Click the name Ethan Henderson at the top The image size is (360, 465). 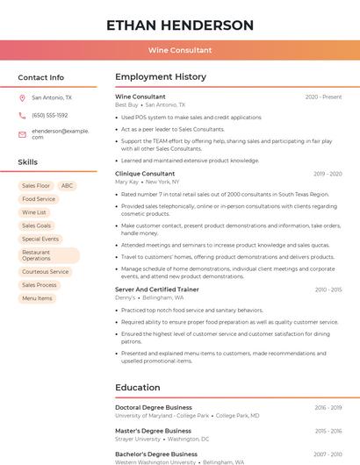[x=180, y=25]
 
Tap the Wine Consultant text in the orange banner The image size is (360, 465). [x=180, y=50]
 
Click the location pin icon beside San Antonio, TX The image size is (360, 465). [x=22, y=98]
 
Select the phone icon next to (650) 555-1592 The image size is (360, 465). [x=22, y=116]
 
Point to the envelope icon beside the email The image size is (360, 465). [x=22, y=134]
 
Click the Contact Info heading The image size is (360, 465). [x=41, y=77]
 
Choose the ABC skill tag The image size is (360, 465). [x=68, y=186]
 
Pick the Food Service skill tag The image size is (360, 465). [x=39, y=199]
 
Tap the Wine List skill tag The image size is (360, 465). [x=34, y=212]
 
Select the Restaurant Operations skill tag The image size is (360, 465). [x=48, y=255]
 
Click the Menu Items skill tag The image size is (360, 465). [x=37, y=298]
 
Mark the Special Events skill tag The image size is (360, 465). [x=40, y=239]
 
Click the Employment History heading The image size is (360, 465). [x=160, y=77]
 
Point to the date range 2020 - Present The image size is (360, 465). [x=323, y=97]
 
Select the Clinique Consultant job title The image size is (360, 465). [x=145, y=174]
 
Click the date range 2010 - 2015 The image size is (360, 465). [x=328, y=290]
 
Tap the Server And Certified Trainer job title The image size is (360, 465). [x=157, y=290]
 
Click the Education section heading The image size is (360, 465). [x=138, y=388]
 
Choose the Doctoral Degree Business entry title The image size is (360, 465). [x=154, y=407]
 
